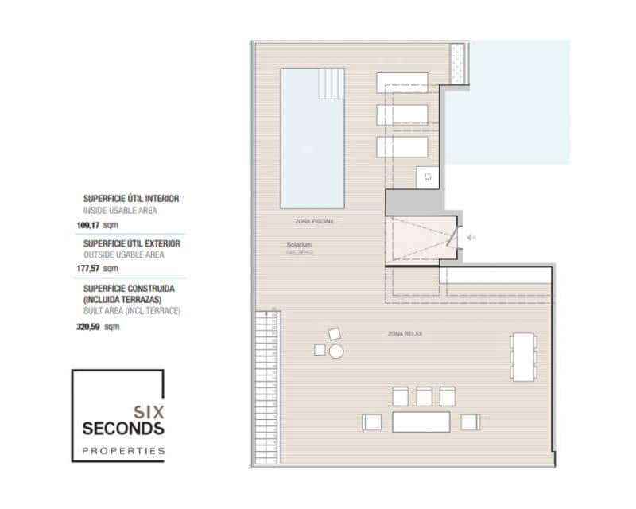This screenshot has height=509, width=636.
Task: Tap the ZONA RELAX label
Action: pos(405,334)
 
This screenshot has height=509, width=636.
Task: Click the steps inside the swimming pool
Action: pos(331,82)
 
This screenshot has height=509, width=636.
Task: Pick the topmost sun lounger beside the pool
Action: pos(402,81)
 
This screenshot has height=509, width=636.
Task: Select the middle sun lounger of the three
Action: pos(402,115)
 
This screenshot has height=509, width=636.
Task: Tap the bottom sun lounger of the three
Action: pos(402,148)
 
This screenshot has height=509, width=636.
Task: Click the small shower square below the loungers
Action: pos(427,177)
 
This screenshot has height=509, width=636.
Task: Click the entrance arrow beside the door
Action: pos(471,237)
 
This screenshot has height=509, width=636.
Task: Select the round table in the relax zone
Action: pos(336,351)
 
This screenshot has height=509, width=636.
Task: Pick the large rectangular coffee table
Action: pos(421,421)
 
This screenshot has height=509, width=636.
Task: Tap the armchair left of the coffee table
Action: pos(372,422)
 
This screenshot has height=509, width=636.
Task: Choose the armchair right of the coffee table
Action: pos(470,422)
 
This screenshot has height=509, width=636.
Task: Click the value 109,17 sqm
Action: pos(102,225)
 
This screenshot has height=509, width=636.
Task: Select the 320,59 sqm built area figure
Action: pos(102,325)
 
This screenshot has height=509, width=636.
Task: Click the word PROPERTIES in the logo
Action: pos(123,451)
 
